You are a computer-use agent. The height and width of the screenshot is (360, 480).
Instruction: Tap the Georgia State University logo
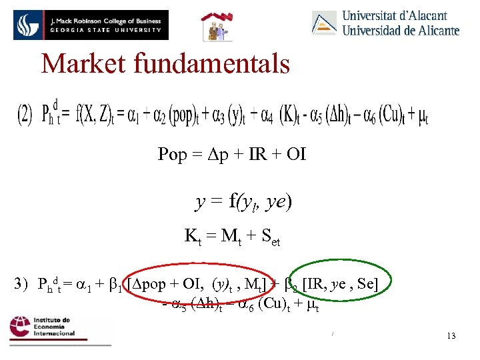pos(91,25)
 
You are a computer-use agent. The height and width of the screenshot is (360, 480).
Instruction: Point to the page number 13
pos(451,335)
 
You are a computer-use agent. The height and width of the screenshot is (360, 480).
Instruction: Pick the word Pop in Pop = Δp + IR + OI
pos(172,155)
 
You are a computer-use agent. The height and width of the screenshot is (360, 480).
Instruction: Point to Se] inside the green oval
pos(367,284)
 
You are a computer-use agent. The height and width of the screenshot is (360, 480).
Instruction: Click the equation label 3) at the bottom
pos(22,284)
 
